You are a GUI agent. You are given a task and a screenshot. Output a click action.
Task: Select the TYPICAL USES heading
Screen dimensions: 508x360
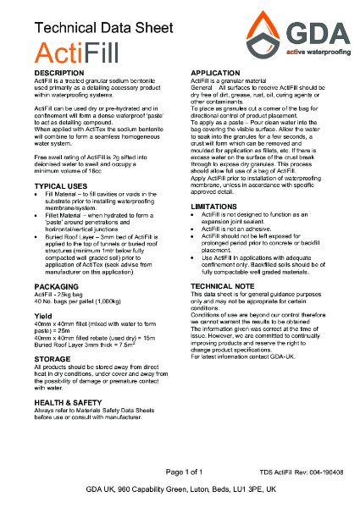tap(59, 185)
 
